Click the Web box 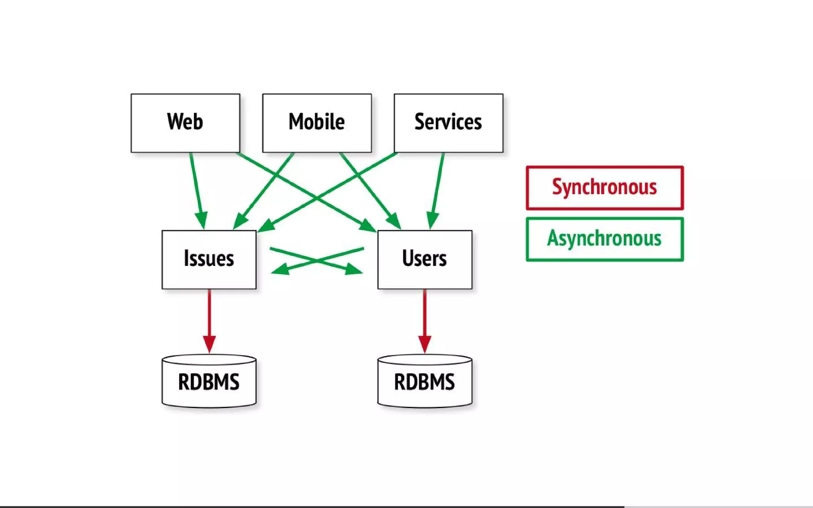pyautogui.click(x=185, y=123)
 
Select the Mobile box pyautogui.click(x=317, y=123)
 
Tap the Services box pyautogui.click(x=448, y=123)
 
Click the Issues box pyautogui.click(x=209, y=260)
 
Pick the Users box pyautogui.click(x=425, y=260)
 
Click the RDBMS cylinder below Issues pyautogui.click(x=209, y=382)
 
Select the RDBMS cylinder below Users pyautogui.click(x=425, y=382)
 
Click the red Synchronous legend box pyautogui.click(x=604, y=188)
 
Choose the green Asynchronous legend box pyautogui.click(x=604, y=239)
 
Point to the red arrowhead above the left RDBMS pyautogui.click(x=209, y=343)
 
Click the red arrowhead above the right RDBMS pyautogui.click(x=425, y=343)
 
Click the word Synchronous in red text pyautogui.click(x=604, y=187)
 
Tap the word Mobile pyautogui.click(x=317, y=121)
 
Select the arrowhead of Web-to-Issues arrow pyautogui.click(x=202, y=220)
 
